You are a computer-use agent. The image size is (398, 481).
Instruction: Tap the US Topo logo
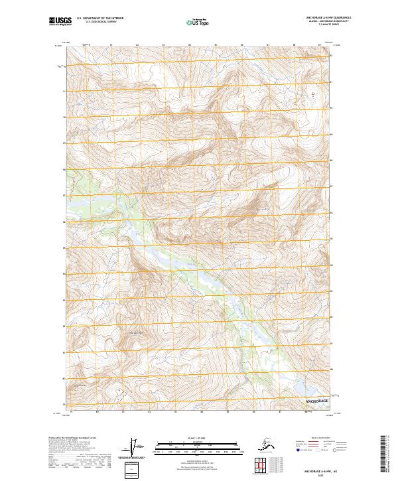198,22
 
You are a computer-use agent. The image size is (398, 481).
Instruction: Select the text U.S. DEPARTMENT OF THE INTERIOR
100,19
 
